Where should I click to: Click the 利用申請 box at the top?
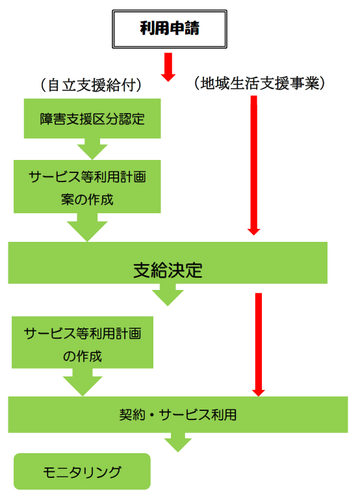coord(170,29)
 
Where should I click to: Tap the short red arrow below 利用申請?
coord(168,67)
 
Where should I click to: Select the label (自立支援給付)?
coord(91,85)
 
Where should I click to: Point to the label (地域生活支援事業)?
coord(259,83)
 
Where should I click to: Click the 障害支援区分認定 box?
coord(92,118)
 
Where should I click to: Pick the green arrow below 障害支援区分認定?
coord(92,149)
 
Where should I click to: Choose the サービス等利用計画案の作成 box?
coord(87,187)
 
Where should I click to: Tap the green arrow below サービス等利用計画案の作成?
coord(87,228)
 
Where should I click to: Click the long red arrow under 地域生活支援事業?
coord(253,166)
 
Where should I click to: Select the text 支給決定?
coord(168,270)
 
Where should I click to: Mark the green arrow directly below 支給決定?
coord(168,295)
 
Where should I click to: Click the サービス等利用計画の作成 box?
coord(83,343)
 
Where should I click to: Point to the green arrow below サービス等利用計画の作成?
coord(83,382)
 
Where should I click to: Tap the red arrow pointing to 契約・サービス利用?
coord(259,345)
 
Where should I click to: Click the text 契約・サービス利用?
coord(178,415)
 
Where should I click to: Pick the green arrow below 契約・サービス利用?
coord(178,443)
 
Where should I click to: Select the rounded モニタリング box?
coord(82,471)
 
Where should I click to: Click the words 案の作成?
coord(87,200)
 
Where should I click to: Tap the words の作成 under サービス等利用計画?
coord(83,356)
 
